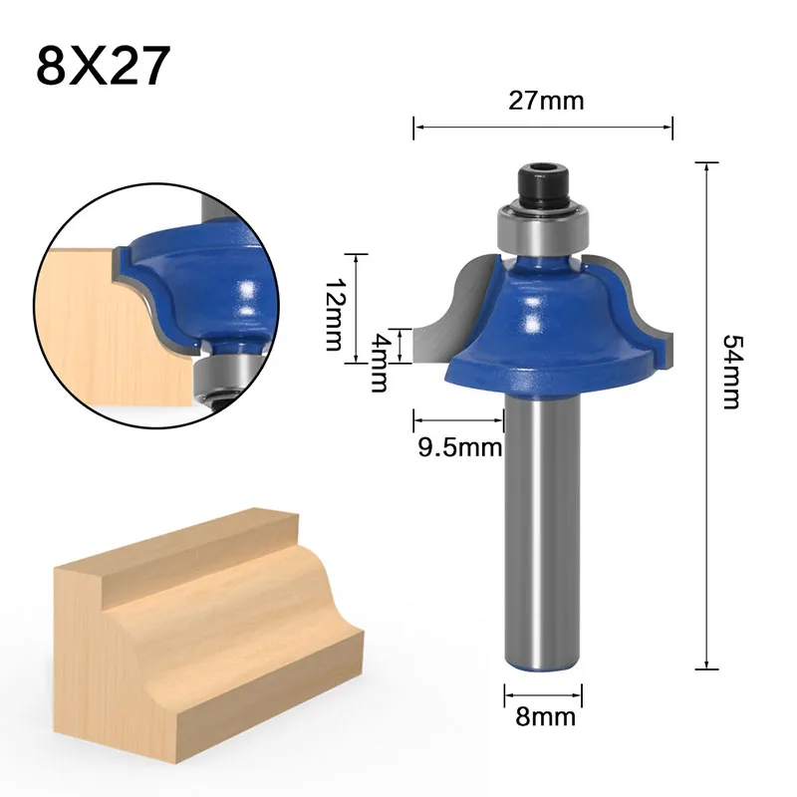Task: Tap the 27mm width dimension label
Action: pyautogui.click(x=544, y=101)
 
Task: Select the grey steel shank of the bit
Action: pyautogui.click(x=544, y=528)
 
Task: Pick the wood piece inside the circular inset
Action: pyautogui.click(x=100, y=329)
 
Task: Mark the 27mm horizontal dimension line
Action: pyautogui.click(x=544, y=127)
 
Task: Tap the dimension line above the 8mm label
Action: pyautogui.click(x=544, y=692)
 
